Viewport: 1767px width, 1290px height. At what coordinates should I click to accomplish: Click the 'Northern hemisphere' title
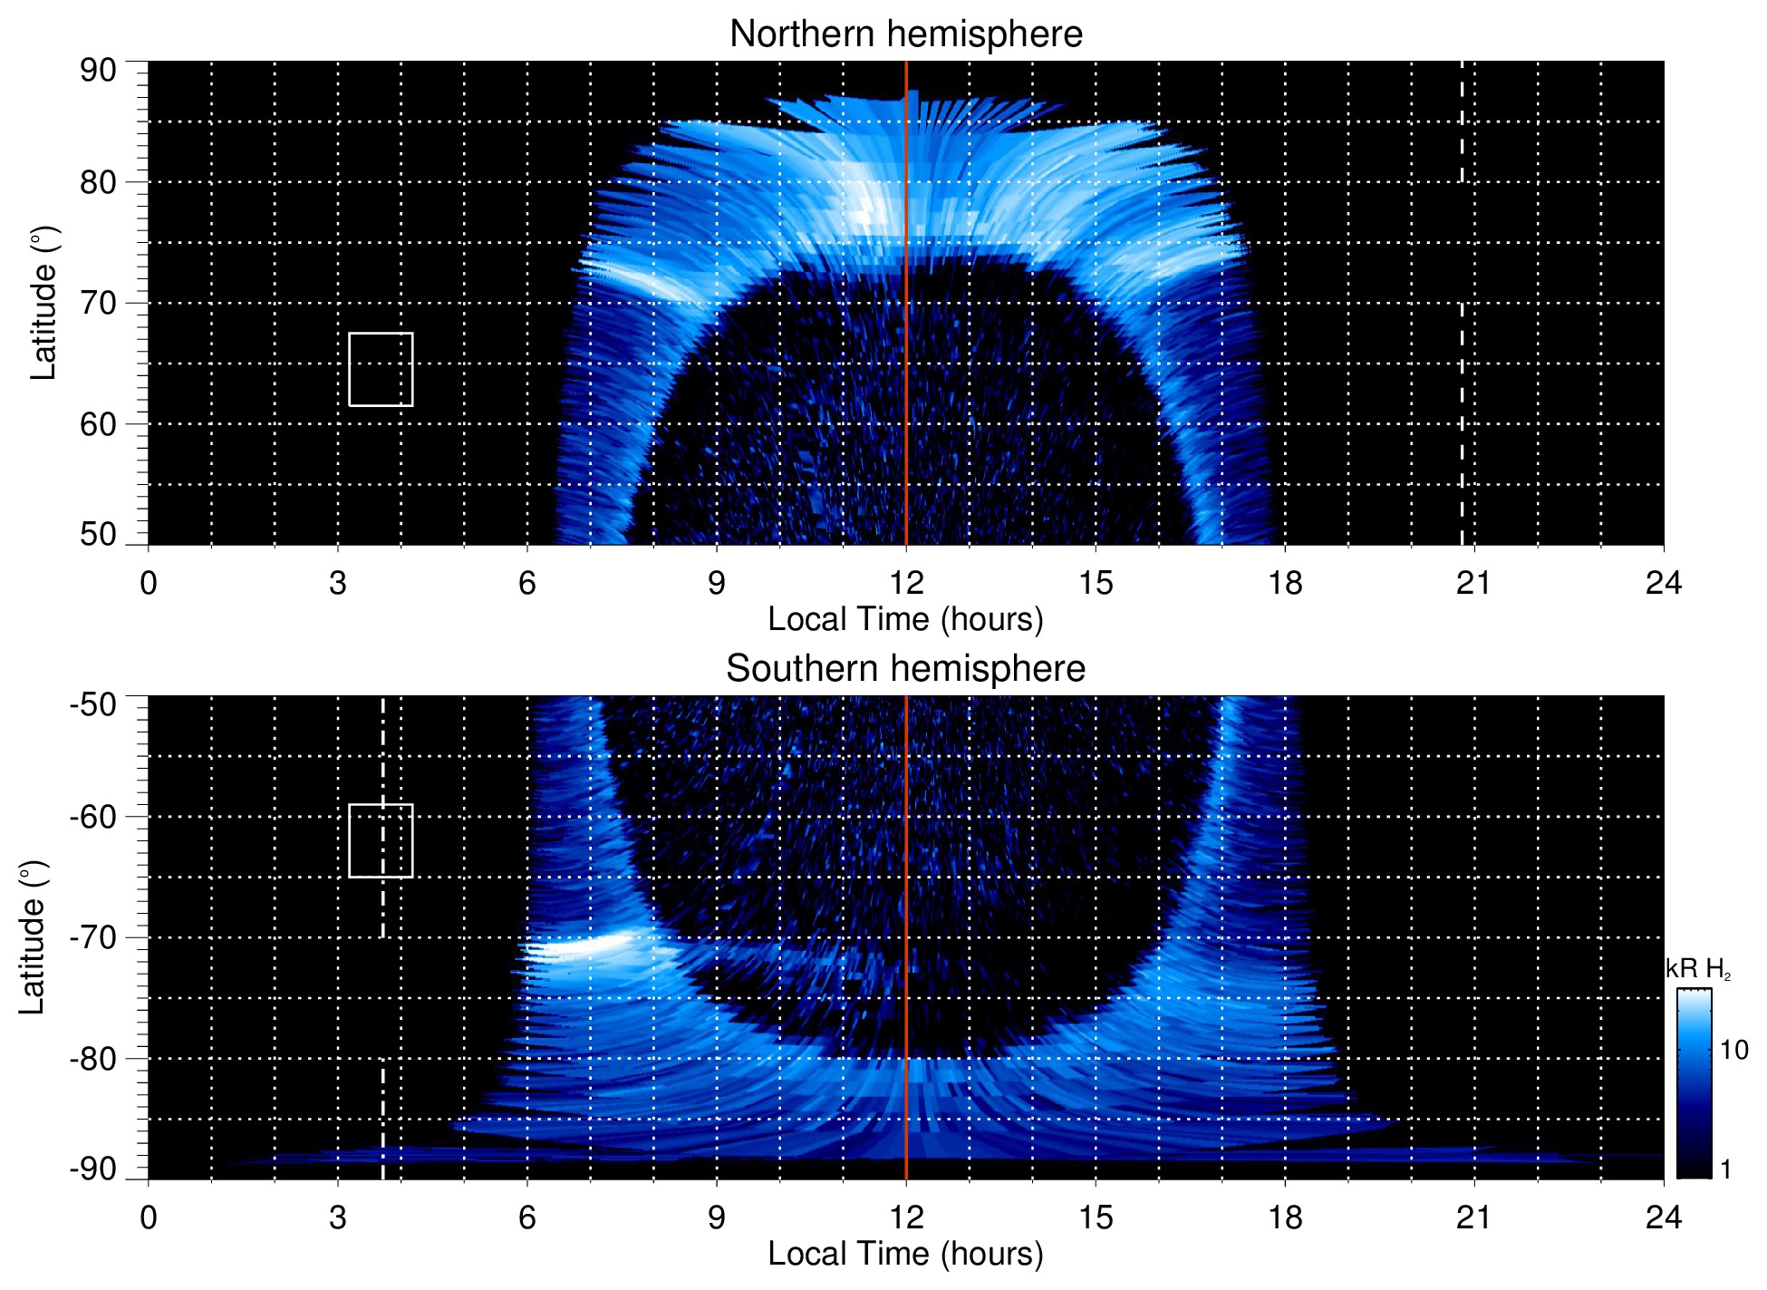point(905,34)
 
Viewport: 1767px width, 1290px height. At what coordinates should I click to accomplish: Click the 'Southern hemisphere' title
point(905,669)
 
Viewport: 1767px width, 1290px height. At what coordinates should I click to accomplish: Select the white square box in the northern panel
point(381,369)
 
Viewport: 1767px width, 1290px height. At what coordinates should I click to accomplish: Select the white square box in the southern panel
point(381,840)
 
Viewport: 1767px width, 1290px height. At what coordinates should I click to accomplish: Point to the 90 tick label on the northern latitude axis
point(98,71)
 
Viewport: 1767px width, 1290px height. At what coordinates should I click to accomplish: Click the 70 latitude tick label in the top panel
point(98,303)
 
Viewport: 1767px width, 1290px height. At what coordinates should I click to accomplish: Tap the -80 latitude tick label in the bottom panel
point(93,1058)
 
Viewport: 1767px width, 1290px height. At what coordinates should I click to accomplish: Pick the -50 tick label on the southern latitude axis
point(93,704)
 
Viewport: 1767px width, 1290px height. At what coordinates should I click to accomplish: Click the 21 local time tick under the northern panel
point(1473,583)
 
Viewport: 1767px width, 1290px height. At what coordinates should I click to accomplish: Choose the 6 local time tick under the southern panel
point(527,1217)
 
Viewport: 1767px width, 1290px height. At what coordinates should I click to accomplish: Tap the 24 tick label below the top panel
point(1663,583)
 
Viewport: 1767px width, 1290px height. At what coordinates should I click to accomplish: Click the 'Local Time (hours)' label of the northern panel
point(905,619)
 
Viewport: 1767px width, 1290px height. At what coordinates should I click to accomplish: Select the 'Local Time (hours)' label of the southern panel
point(905,1254)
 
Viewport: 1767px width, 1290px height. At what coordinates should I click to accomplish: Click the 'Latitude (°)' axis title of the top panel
point(43,303)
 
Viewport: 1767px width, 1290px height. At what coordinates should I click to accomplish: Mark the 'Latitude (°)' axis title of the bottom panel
point(33,937)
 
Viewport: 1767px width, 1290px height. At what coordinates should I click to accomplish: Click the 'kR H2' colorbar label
point(1698,970)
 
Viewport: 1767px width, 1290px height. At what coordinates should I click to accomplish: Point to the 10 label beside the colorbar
point(1733,1050)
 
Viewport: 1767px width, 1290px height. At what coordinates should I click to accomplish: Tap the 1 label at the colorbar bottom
point(1725,1169)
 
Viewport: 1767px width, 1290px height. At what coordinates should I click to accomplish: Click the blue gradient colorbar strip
point(1693,1083)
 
